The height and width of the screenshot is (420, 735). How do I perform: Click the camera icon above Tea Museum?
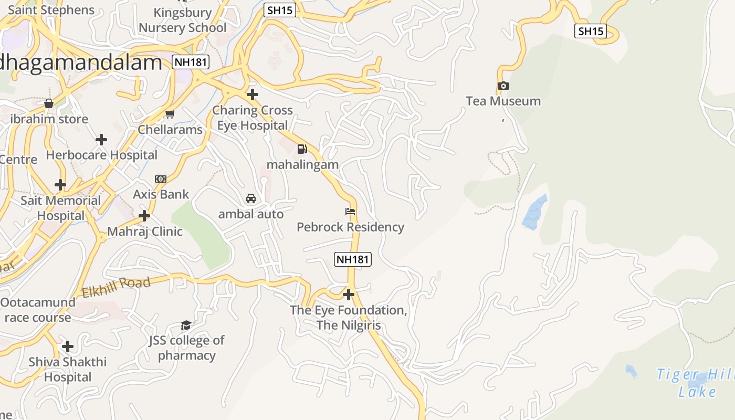[503, 86]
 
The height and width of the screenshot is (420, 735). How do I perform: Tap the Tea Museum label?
[503, 101]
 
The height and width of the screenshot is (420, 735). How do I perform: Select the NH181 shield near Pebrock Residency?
[353, 259]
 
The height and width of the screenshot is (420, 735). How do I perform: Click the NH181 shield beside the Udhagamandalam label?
[191, 62]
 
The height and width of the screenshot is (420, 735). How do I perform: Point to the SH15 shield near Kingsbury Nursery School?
[279, 9]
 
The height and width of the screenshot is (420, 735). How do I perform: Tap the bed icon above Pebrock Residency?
[350, 212]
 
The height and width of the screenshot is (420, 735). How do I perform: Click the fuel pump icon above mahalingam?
[302, 149]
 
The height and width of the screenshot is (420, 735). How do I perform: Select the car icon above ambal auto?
[251, 198]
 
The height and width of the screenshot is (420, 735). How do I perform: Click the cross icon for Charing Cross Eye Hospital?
[253, 94]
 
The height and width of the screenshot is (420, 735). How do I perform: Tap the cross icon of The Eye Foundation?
[348, 294]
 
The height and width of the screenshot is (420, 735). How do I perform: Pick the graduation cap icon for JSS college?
[186, 325]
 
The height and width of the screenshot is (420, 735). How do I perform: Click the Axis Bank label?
[161, 194]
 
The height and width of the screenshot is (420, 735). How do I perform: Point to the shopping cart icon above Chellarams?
[170, 114]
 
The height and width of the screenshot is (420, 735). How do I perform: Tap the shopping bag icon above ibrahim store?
[49, 103]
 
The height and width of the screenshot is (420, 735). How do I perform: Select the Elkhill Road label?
[116, 287]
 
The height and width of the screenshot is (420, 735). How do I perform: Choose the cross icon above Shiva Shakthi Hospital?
[68, 346]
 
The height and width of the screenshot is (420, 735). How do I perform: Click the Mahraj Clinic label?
[145, 232]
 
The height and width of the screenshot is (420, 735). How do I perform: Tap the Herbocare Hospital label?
[102, 155]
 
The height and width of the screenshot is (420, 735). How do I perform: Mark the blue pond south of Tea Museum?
[535, 212]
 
